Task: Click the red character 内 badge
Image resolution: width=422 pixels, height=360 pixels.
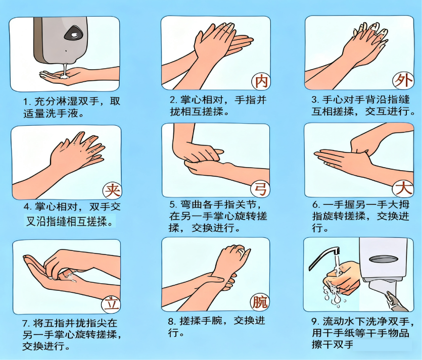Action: coord(261,81)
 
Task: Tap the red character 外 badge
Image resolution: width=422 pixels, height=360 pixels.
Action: coord(403,81)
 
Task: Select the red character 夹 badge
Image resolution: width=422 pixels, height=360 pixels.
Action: coord(112,190)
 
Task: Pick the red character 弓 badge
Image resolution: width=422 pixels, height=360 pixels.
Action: coord(260,189)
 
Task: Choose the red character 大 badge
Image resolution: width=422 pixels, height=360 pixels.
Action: coord(403,188)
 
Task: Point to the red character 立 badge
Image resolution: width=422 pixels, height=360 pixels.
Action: coord(111,304)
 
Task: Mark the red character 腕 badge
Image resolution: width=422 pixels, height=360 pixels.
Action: coord(260,302)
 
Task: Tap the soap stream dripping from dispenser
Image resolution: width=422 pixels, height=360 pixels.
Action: coord(65,71)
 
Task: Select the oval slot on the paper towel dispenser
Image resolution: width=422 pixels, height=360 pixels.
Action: coord(383,259)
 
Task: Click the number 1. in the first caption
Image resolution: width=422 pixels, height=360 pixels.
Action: coord(28,102)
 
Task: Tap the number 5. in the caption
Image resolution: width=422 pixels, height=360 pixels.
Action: coord(173,204)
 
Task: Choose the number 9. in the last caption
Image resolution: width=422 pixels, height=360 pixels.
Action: coord(316,321)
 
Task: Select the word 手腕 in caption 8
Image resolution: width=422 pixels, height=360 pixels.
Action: coord(212,321)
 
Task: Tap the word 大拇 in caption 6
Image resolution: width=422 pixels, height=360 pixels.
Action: coord(398,204)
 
